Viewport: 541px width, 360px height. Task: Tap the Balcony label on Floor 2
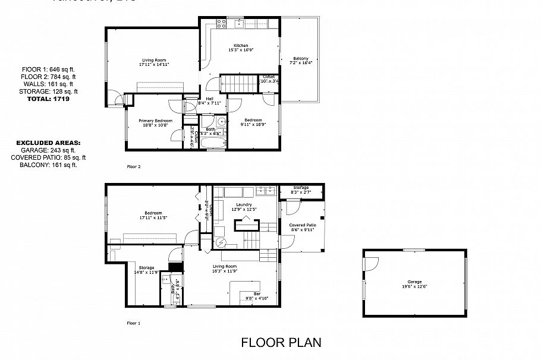(299, 58)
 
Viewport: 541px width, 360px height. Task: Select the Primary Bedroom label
(155, 121)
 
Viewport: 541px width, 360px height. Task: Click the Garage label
(414, 282)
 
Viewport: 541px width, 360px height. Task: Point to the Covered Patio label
(302, 225)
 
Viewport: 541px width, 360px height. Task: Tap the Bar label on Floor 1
(257, 293)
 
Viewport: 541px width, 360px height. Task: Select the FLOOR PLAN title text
(281, 342)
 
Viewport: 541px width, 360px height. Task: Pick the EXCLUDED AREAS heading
(48, 143)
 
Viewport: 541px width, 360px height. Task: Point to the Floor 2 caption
(134, 167)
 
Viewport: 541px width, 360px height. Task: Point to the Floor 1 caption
(134, 323)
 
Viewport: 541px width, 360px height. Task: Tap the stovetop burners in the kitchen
(221, 24)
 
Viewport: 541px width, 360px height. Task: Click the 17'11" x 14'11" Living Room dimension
(152, 64)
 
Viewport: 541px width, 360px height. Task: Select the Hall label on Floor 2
(209, 99)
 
